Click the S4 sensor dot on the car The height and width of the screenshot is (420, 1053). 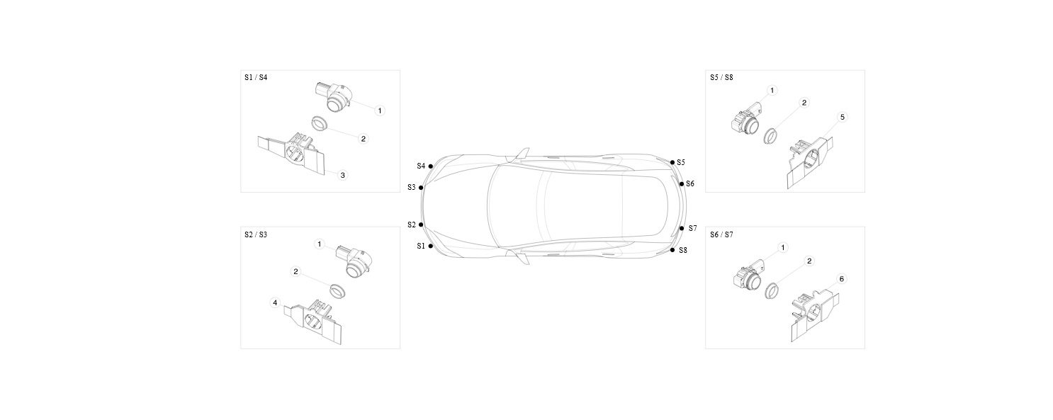(431, 166)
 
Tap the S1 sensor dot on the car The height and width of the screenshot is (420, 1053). (431, 246)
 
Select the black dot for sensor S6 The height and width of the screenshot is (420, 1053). (682, 184)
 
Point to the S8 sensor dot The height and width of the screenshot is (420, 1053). (672, 250)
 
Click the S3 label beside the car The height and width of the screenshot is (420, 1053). (411, 188)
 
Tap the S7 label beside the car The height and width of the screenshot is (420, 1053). (692, 228)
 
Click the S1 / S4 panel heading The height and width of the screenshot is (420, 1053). (256, 77)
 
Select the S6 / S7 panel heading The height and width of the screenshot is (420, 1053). (721, 234)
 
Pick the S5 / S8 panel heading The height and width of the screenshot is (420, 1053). (721, 77)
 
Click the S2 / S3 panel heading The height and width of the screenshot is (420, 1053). (256, 234)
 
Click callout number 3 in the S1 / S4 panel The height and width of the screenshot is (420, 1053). (343, 175)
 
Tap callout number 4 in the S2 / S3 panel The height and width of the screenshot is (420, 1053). (276, 303)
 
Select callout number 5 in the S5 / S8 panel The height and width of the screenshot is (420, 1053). (843, 117)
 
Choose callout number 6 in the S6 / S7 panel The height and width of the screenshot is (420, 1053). (841, 279)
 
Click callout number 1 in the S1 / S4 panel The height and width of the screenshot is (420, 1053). (380, 110)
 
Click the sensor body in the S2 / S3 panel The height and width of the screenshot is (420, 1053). (355, 261)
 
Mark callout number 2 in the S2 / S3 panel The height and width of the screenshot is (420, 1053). (295, 271)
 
